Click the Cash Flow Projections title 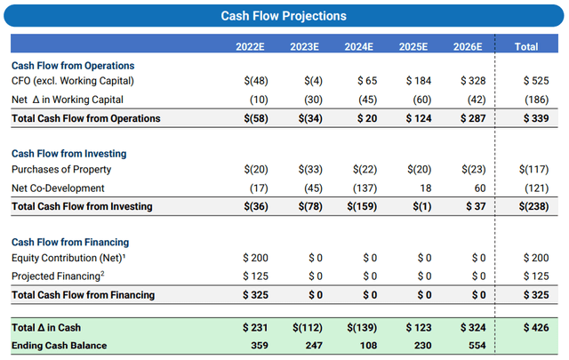coord(284,15)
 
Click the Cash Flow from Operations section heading coord(73,66)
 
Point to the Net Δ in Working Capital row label coord(68,100)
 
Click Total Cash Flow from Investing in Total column coord(531,206)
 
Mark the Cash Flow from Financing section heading coord(70,242)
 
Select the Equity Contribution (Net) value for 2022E coord(254,258)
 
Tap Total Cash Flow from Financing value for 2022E coord(254,294)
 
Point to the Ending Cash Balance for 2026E coord(472,345)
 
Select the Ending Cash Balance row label coord(59,345)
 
